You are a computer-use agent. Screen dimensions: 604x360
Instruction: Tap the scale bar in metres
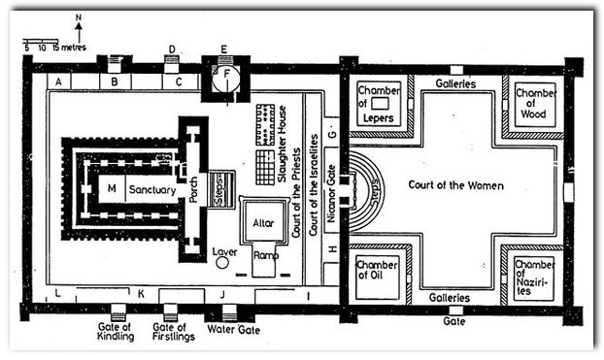[x=41, y=41]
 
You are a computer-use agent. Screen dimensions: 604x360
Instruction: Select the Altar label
[x=263, y=223]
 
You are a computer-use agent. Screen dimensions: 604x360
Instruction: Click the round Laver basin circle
[x=221, y=263]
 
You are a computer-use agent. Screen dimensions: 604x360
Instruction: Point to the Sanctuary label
[x=152, y=189]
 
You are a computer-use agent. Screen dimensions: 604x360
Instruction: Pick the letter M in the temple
[x=112, y=188]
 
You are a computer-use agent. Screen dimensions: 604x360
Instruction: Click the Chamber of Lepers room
[x=379, y=104]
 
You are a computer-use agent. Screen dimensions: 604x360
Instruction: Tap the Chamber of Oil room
[x=377, y=278]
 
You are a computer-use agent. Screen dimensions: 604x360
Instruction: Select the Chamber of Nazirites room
[x=534, y=278]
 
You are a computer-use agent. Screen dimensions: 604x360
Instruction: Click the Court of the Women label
[x=455, y=185]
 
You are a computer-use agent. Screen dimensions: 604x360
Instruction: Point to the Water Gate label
[x=233, y=330]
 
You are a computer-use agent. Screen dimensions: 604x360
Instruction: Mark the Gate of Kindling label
[x=116, y=332]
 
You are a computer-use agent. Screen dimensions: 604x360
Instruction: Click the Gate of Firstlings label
[x=173, y=332]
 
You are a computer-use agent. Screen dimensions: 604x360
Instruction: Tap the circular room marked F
[x=226, y=81]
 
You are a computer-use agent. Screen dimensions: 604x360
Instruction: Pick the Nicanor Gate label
[x=331, y=194]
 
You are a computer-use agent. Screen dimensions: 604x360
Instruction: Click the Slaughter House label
[x=283, y=144]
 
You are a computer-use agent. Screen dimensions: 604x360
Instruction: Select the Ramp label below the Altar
[x=266, y=255]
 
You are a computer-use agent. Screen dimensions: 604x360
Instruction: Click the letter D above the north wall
[x=172, y=49]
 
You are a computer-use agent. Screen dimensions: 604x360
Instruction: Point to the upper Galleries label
[x=455, y=83]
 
